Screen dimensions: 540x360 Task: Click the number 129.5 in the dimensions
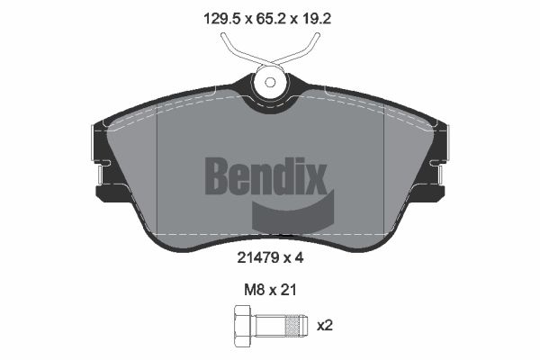pyautogui.click(x=221, y=18)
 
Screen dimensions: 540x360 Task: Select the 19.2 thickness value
pyautogui.click(x=316, y=18)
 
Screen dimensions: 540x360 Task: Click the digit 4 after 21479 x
pyautogui.click(x=299, y=257)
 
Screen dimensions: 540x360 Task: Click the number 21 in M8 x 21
pyautogui.click(x=289, y=290)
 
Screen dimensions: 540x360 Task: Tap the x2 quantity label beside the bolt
pyautogui.click(x=324, y=325)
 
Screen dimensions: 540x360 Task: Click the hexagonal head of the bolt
pyautogui.click(x=244, y=326)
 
